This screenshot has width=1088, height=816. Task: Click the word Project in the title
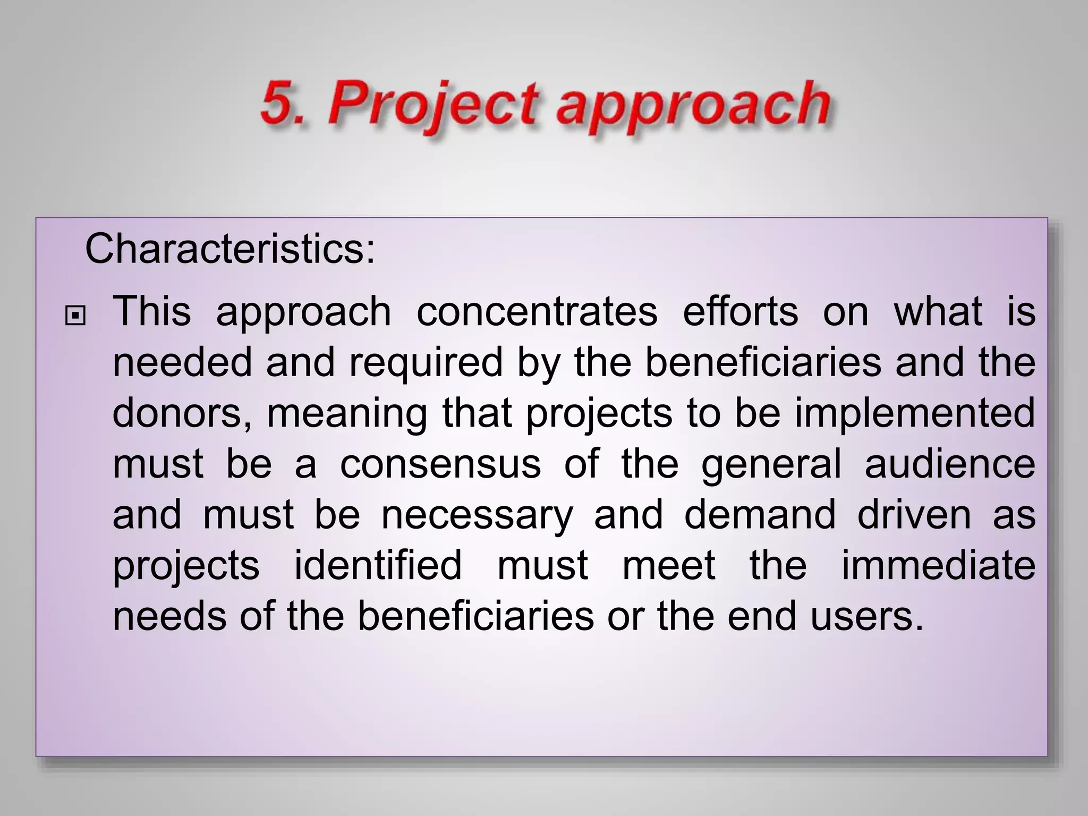(431, 104)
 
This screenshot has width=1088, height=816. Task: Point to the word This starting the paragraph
(151, 311)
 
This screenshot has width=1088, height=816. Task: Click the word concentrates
(537, 311)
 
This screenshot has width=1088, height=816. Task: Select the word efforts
(740, 311)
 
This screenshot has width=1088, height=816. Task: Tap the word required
(426, 363)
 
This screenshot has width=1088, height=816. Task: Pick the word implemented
(915, 414)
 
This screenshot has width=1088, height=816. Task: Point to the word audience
(950, 464)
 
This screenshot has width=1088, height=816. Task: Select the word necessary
(477, 515)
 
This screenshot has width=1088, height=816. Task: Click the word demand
(760, 515)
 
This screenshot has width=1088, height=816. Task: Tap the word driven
(914, 515)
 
